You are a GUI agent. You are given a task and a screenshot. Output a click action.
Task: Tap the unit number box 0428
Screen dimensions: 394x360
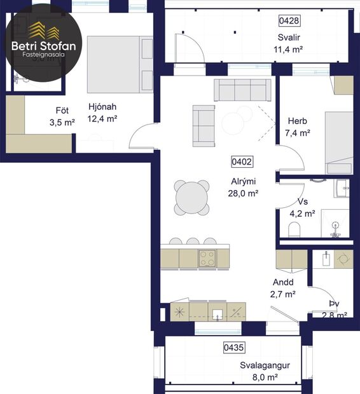click(x=289, y=20)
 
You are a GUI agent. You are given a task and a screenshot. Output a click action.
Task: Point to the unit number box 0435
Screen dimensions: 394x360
click(x=235, y=348)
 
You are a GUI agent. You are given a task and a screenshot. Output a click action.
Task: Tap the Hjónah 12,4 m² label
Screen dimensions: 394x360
click(x=102, y=112)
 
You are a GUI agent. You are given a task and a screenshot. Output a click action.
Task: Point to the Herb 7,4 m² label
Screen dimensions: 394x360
click(x=298, y=127)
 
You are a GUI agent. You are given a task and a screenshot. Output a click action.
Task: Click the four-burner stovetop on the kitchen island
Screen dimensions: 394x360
click(x=207, y=258)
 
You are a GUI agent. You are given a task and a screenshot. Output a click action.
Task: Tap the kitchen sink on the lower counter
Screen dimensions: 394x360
click(x=218, y=312)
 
